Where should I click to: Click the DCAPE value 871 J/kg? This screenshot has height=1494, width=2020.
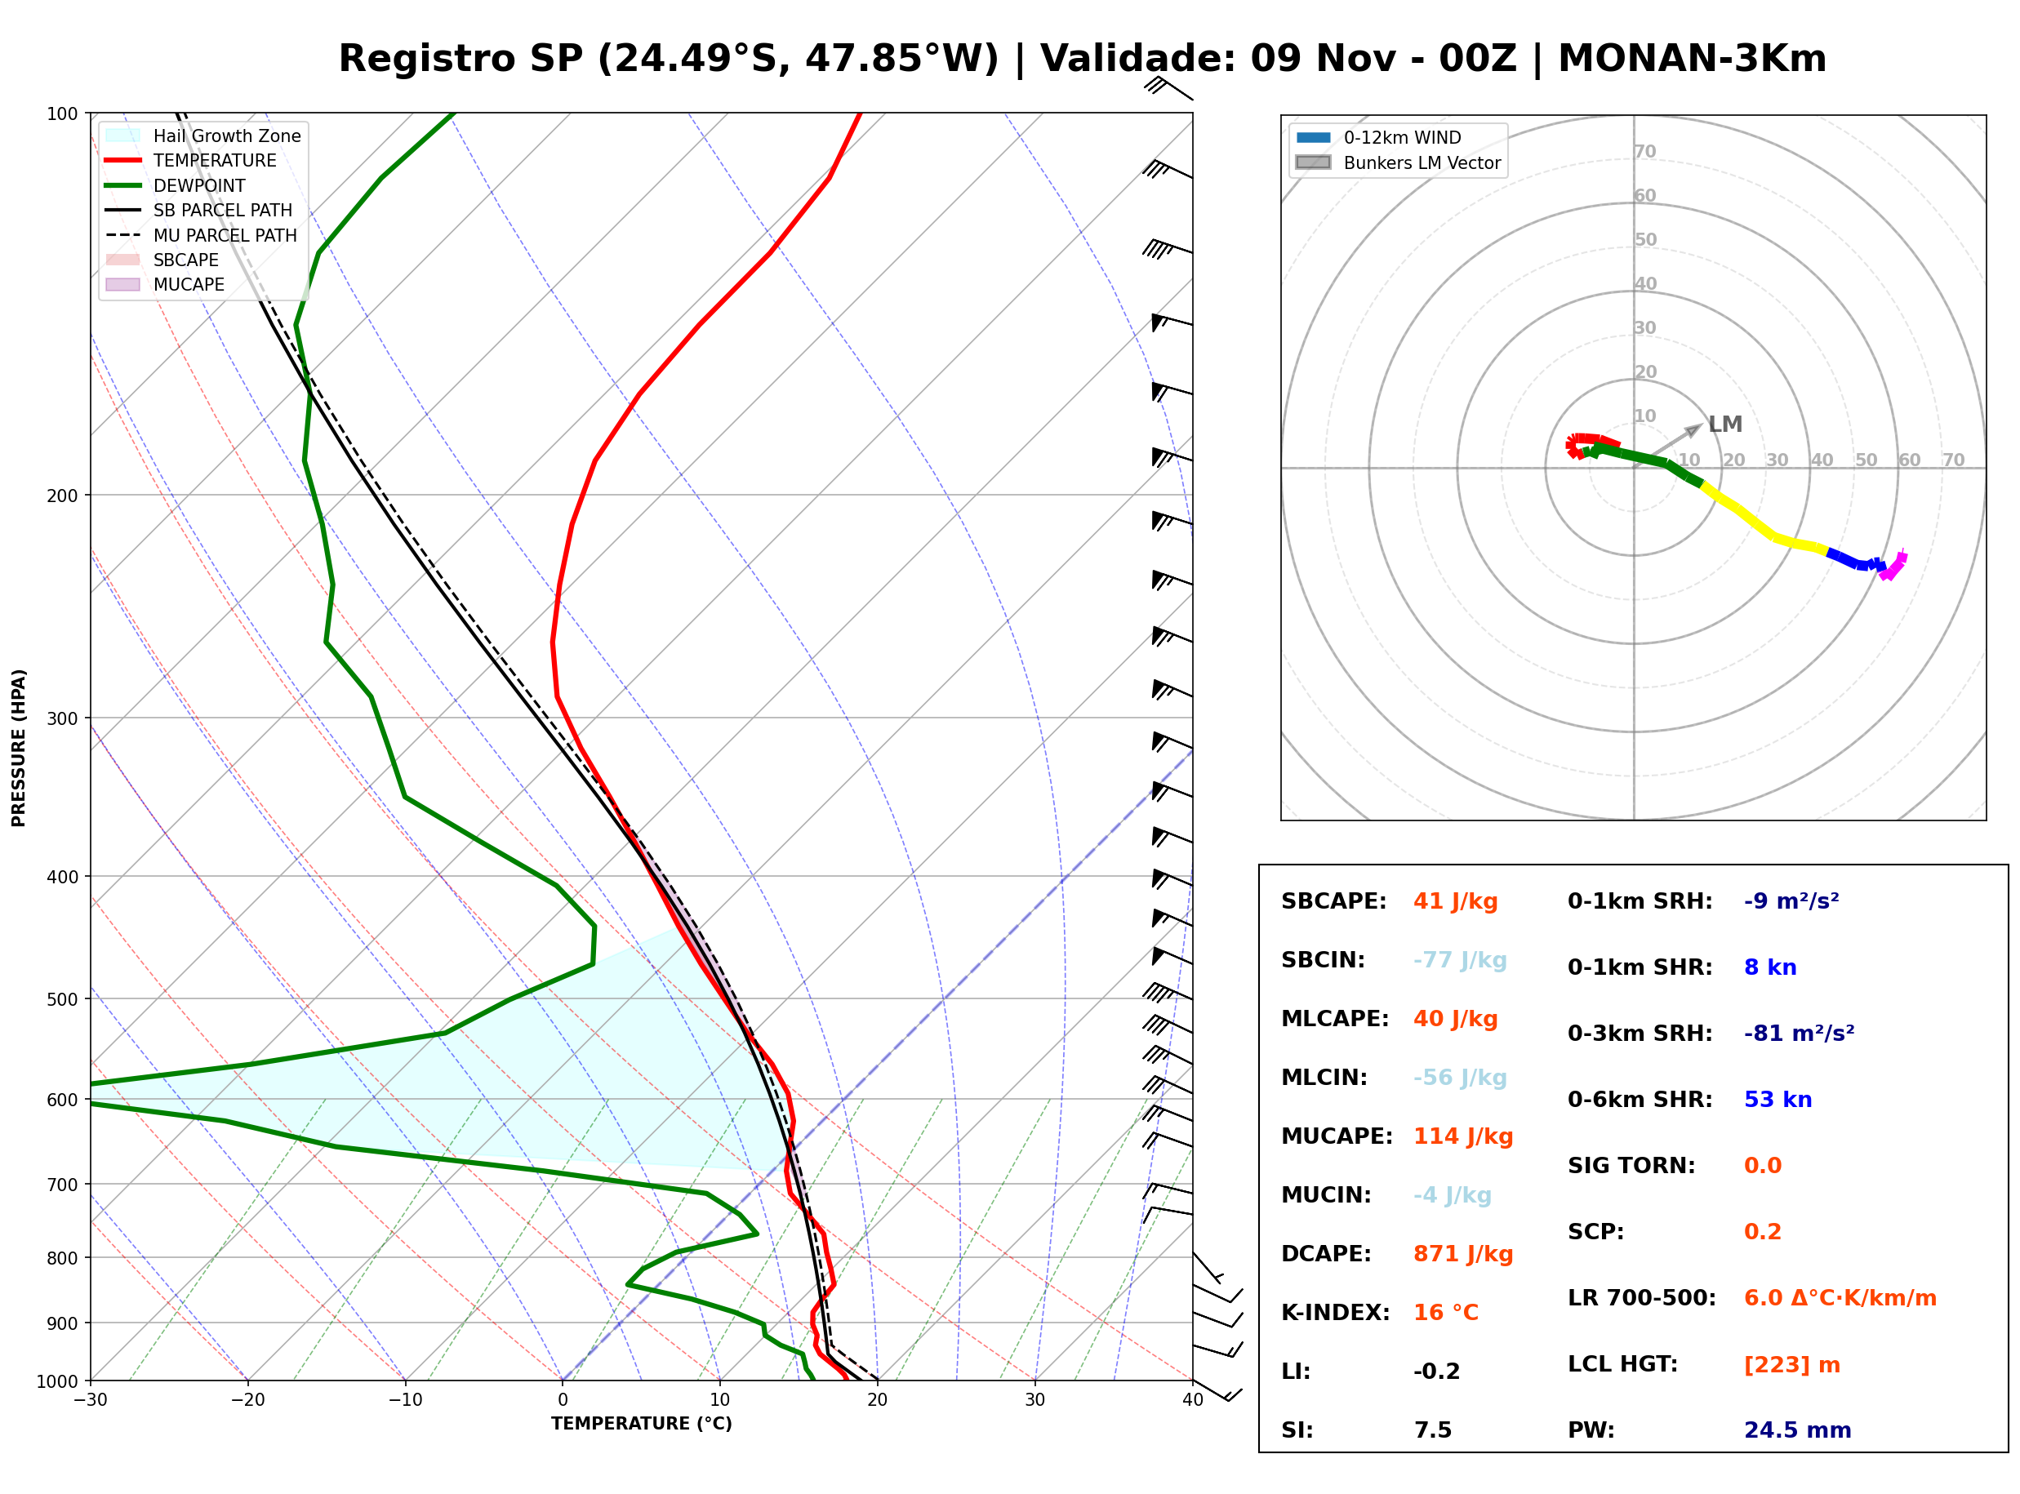[x=1462, y=1254]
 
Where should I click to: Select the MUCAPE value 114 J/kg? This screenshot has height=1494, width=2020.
[x=1463, y=1136]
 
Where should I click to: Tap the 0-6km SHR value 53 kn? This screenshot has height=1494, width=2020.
[x=1778, y=1100]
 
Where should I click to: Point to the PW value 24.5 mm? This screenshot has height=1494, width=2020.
[x=1798, y=1430]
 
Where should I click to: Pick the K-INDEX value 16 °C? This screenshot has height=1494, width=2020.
[x=1446, y=1313]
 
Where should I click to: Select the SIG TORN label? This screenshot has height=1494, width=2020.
[x=1631, y=1166]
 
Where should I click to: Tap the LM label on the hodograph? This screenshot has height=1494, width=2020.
[x=1724, y=425]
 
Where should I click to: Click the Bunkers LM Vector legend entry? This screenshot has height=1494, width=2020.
[x=1398, y=162]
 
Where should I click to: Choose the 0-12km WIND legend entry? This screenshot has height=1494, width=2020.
[x=1378, y=137]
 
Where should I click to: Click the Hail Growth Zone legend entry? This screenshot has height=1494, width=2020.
[x=203, y=136]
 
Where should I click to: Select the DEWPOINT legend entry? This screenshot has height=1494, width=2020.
[x=176, y=185]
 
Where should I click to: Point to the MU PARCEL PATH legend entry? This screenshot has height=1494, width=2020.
[x=201, y=235]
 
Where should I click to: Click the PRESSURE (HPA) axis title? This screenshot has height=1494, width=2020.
[x=19, y=747]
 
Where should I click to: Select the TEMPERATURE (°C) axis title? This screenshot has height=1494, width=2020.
[x=641, y=1424]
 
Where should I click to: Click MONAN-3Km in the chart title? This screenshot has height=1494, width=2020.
[x=1692, y=59]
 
